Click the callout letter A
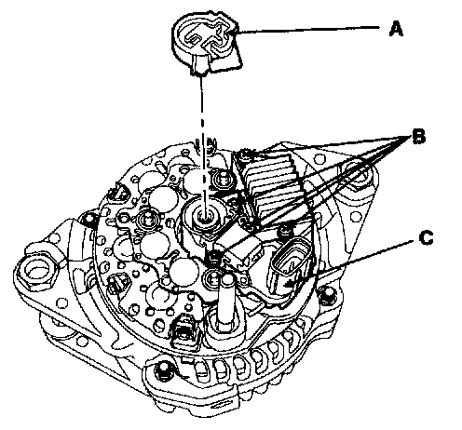pyautogui.click(x=396, y=29)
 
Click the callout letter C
pyautogui.click(x=426, y=238)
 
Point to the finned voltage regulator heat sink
pyautogui.click(x=273, y=186)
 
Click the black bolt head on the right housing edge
pyautogui.click(x=327, y=296)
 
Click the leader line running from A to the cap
pyautogui.click(x=307, y=30)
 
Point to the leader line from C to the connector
pyautogui.click(x=351, y=261)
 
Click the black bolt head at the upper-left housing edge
pyautogui.click(x=90, y=219)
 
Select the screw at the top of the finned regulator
pyautogui.click(x=247, y=154)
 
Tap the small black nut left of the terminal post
pyautogui.click(x=213, y=257)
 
